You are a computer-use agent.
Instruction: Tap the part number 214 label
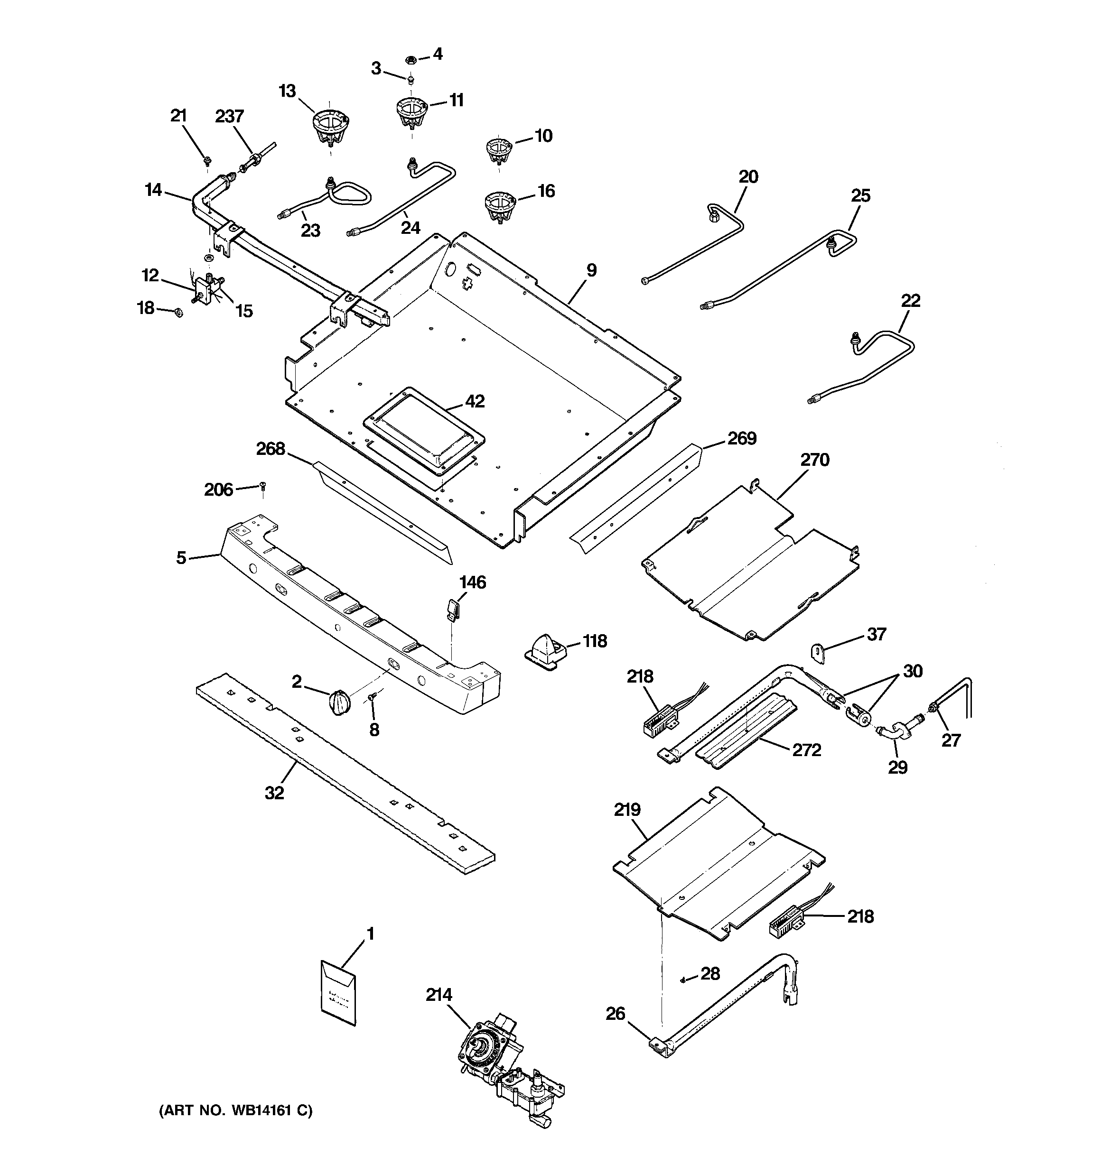[439, 995]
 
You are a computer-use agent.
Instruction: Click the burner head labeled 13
[330, 126]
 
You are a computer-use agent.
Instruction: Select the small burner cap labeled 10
[498, 150]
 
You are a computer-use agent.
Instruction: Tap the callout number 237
[229, 116]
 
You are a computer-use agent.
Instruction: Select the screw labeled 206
[262, 486]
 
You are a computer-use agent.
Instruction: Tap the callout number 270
[815, 460]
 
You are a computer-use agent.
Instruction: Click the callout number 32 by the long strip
[274, 793]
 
